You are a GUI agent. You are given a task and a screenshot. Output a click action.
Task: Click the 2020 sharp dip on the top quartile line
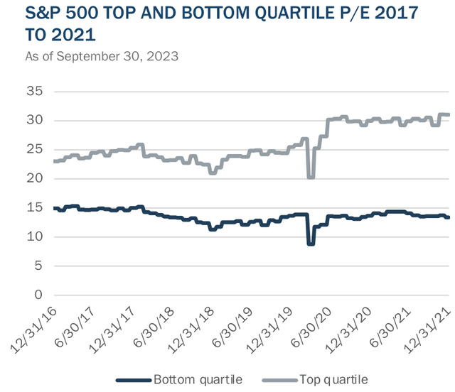pos(311,177)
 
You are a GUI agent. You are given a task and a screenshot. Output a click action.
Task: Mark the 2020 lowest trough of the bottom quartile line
pos(310,244)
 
